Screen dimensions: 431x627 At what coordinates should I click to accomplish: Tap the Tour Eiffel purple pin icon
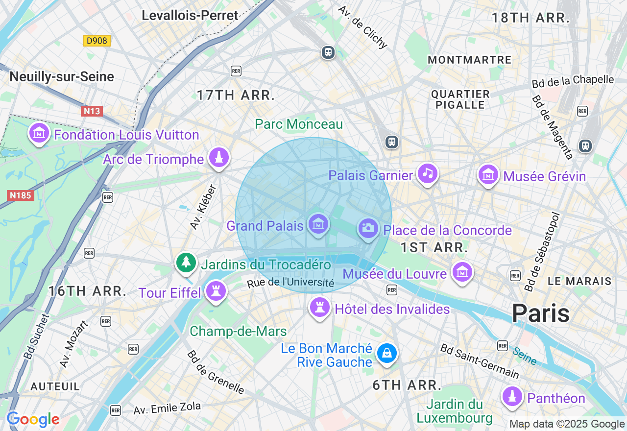(216, 291)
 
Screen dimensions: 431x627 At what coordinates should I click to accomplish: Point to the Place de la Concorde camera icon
(368, 228)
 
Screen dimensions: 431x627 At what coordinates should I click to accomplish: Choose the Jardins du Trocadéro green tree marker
(186, 263)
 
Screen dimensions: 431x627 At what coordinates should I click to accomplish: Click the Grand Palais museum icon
(318, 225)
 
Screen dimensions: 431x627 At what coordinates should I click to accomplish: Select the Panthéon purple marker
(512, 397)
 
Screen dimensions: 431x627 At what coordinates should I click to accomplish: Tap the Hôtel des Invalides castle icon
(319, 308)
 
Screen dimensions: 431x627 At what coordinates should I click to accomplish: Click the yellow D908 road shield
(96, 41)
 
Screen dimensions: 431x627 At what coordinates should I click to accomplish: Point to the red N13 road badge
(92, 111)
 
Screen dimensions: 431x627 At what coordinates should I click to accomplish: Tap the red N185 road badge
(21, 195)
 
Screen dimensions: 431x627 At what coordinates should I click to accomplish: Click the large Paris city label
(541, 313)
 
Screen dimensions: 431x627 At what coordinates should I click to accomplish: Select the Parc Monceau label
(299, 124)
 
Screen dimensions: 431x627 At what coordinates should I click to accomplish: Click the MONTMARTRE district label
(469, 60)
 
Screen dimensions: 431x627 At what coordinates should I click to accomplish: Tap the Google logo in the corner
(33, 420)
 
